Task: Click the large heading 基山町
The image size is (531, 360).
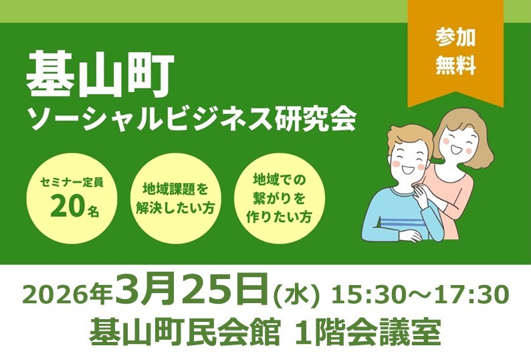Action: point(100,76)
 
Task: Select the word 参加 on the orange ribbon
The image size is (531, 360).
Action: point(455,37)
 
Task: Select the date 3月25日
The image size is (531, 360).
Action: point(194,291)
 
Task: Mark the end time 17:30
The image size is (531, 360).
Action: point(474,294)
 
